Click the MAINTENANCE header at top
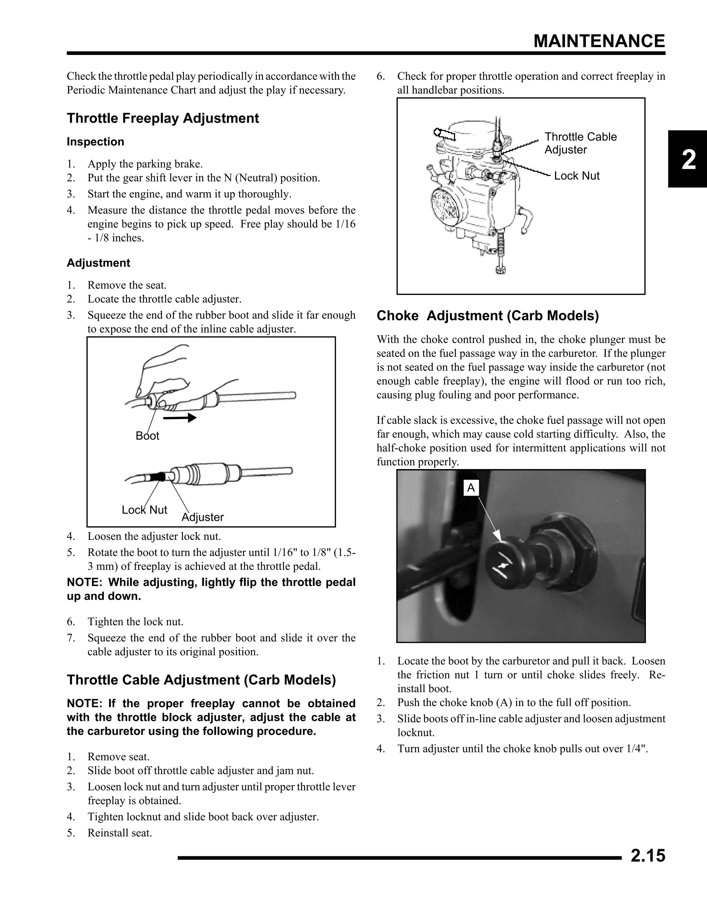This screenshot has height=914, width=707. point(599,41)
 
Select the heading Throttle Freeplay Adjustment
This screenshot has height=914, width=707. point(163,118)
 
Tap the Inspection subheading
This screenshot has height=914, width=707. point(96,142)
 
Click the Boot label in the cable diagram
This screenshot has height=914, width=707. point(147,436)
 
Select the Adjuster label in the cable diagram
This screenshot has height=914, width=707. point(203,517)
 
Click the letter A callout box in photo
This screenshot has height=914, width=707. point(471,488)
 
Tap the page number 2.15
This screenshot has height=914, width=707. point(648,856)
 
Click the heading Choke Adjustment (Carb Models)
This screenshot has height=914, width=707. point(487,316)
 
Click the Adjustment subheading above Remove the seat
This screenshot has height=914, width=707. point(98,263)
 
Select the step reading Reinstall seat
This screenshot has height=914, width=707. point(119,833)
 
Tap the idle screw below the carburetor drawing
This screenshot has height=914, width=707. point(499,259)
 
